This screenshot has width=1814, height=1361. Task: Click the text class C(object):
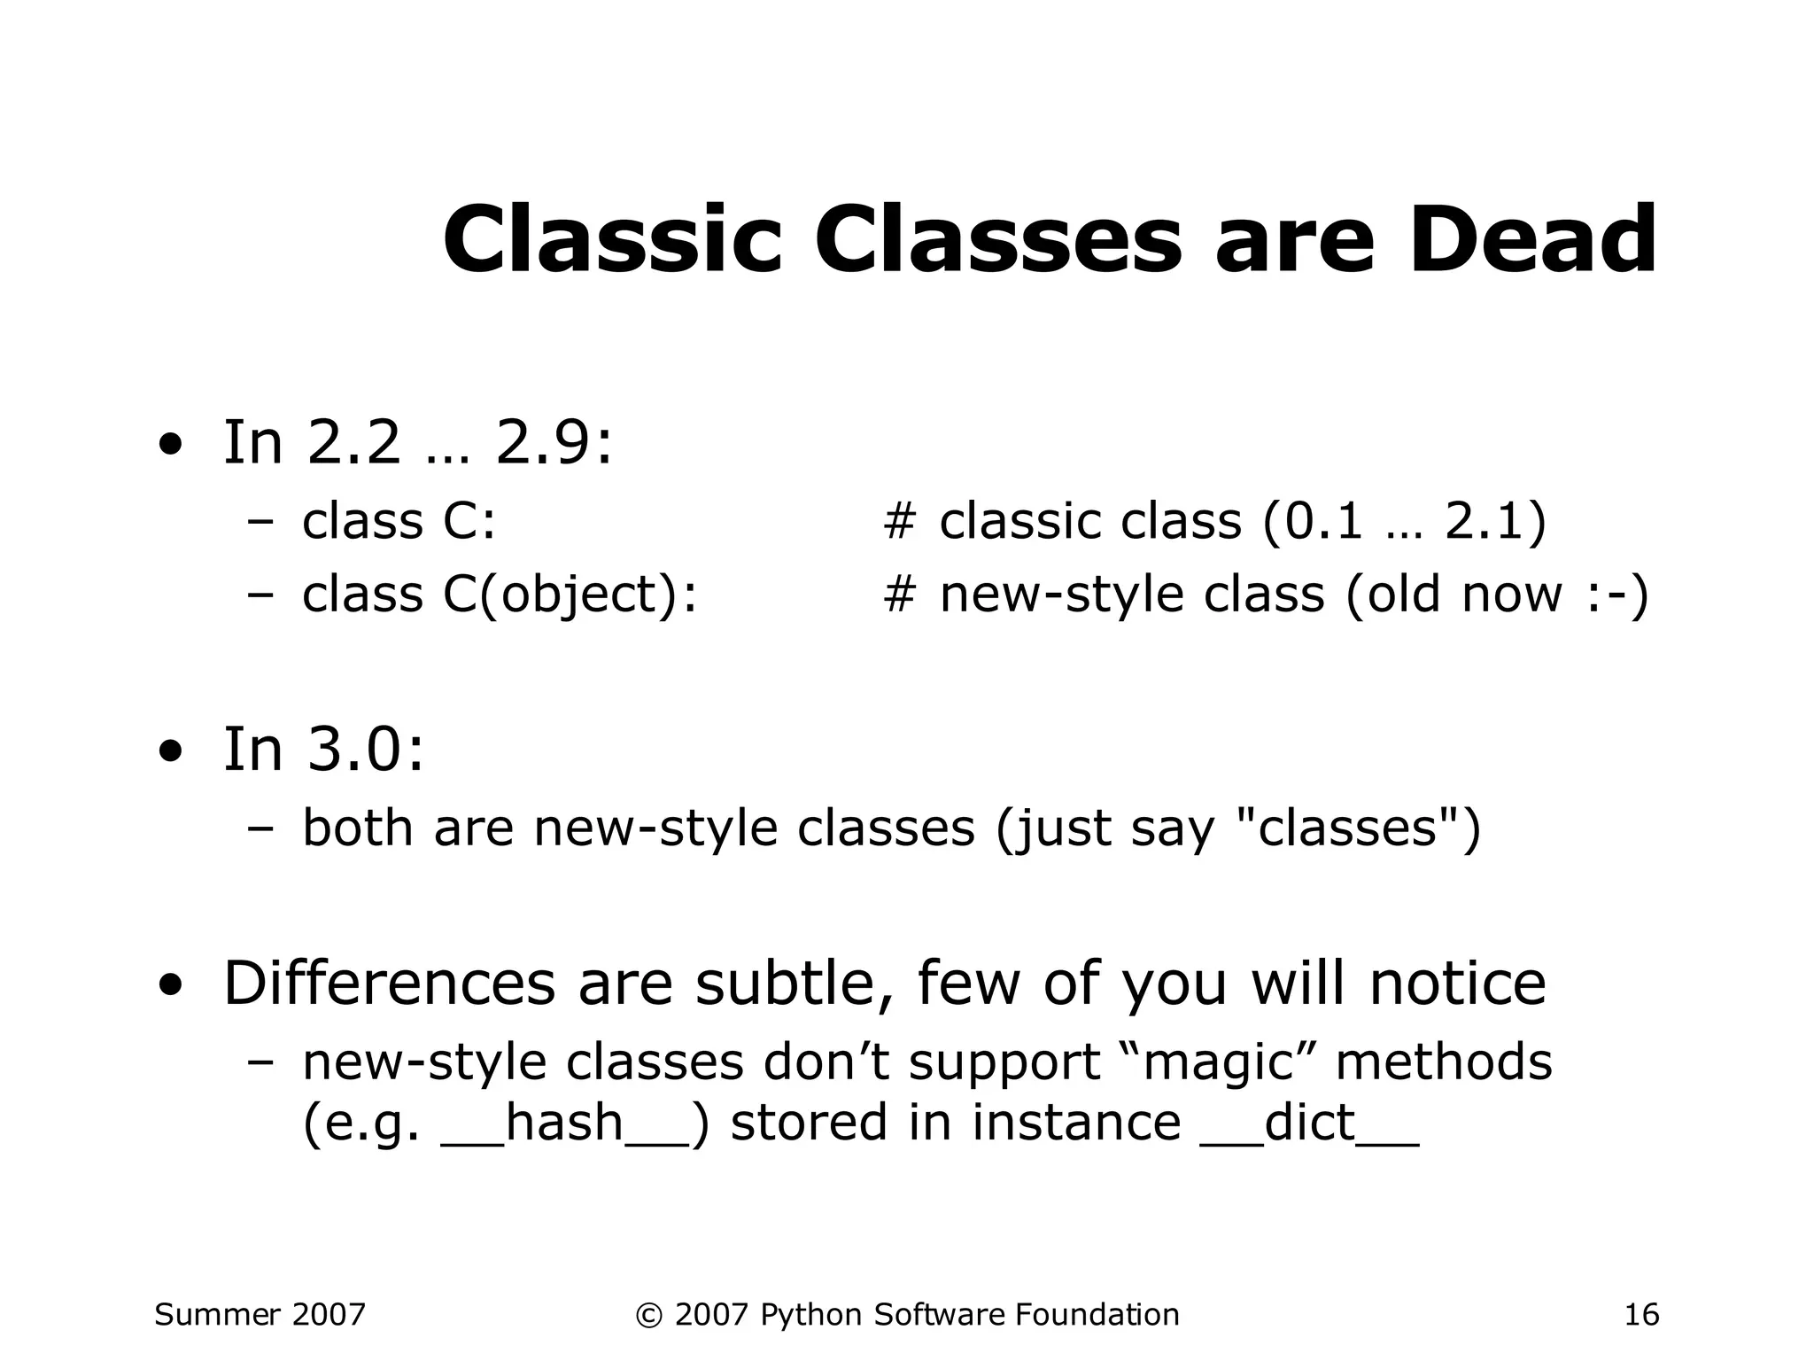click(x=500, y=594)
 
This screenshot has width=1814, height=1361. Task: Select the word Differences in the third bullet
click(x=389, y=984)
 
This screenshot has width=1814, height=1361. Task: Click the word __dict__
click(x=1309, y=1123)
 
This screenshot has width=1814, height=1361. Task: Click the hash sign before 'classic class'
click(x=898, y=521)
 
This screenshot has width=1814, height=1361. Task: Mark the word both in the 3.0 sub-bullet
click(x=358, y=828)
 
